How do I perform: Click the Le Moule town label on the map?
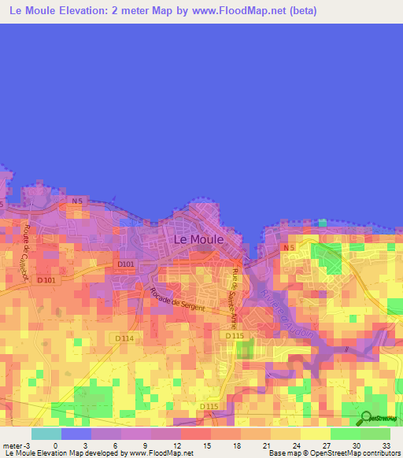click(198, 238)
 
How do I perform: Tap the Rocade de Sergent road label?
click(177, 299)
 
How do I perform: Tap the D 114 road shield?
click(124, 338)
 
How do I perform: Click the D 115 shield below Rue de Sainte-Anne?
click(235, 336)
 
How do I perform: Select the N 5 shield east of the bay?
click(289, 249)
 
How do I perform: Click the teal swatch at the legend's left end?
click(46, 434)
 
